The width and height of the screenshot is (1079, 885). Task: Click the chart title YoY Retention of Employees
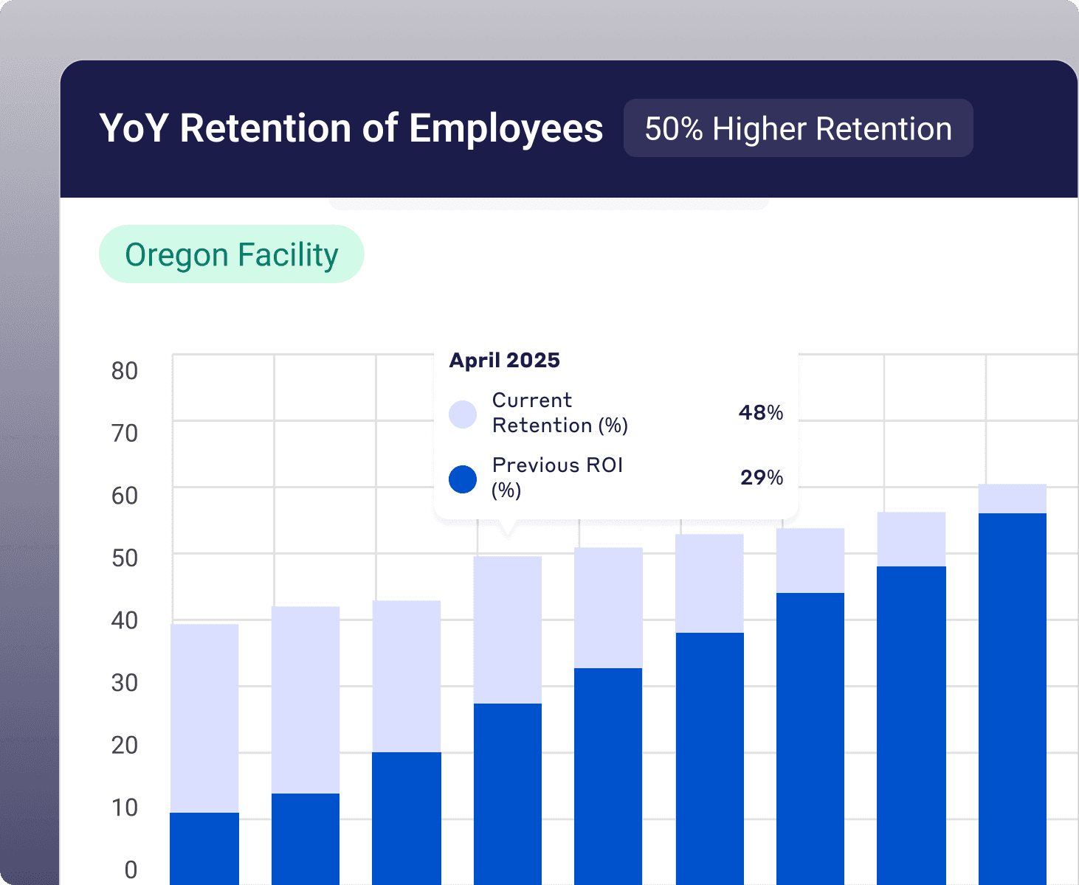351,128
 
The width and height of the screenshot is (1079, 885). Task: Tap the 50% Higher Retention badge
798,128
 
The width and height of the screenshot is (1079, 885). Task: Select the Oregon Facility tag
232,254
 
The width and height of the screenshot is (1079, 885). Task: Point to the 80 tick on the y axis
125,371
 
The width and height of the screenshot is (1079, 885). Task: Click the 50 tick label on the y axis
125,558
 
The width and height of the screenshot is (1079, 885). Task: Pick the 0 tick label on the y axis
131,870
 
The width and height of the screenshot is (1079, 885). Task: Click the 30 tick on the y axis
125,683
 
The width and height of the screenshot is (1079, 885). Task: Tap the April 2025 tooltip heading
505,360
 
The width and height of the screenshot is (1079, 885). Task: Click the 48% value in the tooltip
761,412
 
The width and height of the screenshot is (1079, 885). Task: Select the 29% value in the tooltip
762,478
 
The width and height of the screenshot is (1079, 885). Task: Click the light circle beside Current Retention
463,414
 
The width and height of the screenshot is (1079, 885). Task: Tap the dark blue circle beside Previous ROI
463,479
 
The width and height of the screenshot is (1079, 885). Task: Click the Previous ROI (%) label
557,477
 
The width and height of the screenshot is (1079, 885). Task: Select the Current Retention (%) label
559,412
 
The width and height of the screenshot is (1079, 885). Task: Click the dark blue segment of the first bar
204,848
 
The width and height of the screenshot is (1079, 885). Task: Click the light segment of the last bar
1013,499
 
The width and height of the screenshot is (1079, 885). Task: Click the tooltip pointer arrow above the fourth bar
507,529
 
